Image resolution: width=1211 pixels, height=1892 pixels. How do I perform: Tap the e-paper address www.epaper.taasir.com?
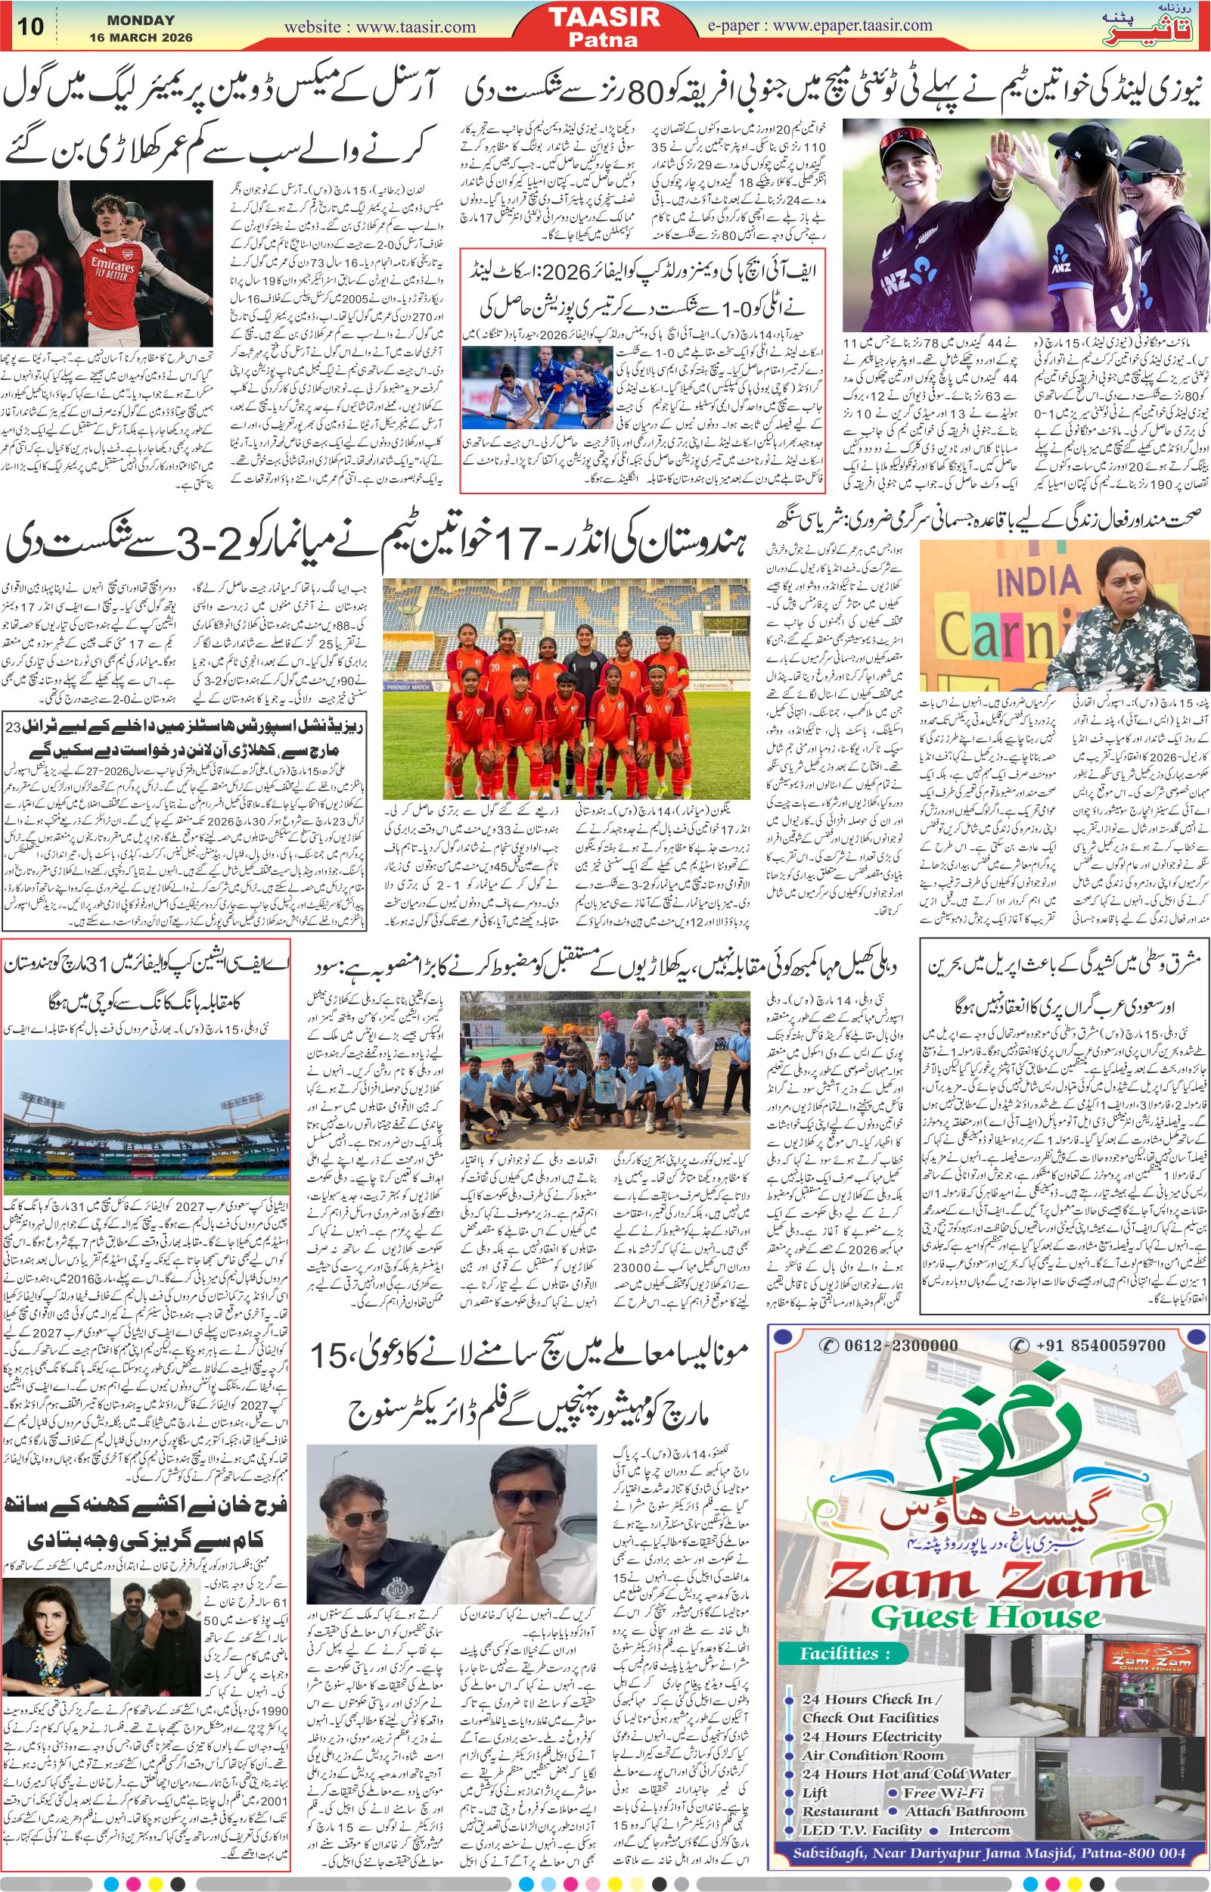point(854,25)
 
